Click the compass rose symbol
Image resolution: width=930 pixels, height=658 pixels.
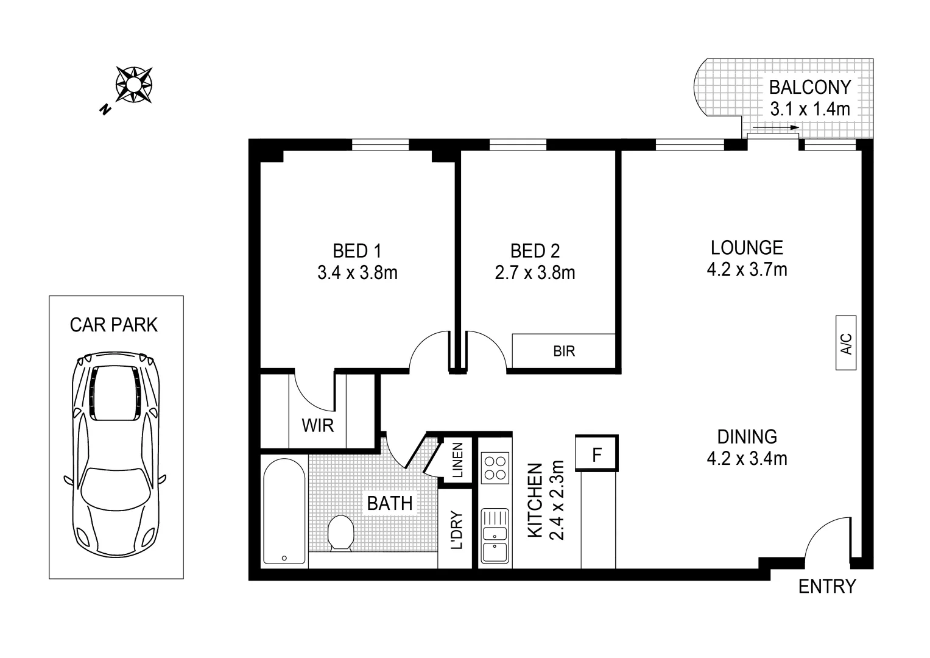(134, 84)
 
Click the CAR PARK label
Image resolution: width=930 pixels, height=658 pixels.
(114, 325)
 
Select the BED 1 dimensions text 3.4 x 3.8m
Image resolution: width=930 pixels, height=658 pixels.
(358, 272)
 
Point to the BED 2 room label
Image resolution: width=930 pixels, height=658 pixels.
(535, 250)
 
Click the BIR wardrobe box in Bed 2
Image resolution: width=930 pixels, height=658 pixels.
(563, 351)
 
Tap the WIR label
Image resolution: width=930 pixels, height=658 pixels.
(318, 425)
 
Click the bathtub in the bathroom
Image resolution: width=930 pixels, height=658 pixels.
(284, 511)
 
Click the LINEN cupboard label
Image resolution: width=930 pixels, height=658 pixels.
(458, 460)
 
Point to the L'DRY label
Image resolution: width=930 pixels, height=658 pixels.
(457, 530)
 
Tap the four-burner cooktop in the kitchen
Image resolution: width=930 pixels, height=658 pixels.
(495, 467)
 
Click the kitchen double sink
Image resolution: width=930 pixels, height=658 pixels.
(495, 536)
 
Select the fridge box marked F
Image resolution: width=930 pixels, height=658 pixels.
(597, 454)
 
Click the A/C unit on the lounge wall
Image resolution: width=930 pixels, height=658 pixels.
(846, 343)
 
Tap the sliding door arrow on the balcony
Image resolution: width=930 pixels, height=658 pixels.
(775, 128)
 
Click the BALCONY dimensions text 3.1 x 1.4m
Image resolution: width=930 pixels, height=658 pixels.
(809, 109)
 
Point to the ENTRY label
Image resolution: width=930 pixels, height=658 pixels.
(826, 586)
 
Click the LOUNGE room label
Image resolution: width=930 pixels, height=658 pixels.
(747, 247)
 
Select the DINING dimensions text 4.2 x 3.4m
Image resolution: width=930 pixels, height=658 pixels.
(747, 458)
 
